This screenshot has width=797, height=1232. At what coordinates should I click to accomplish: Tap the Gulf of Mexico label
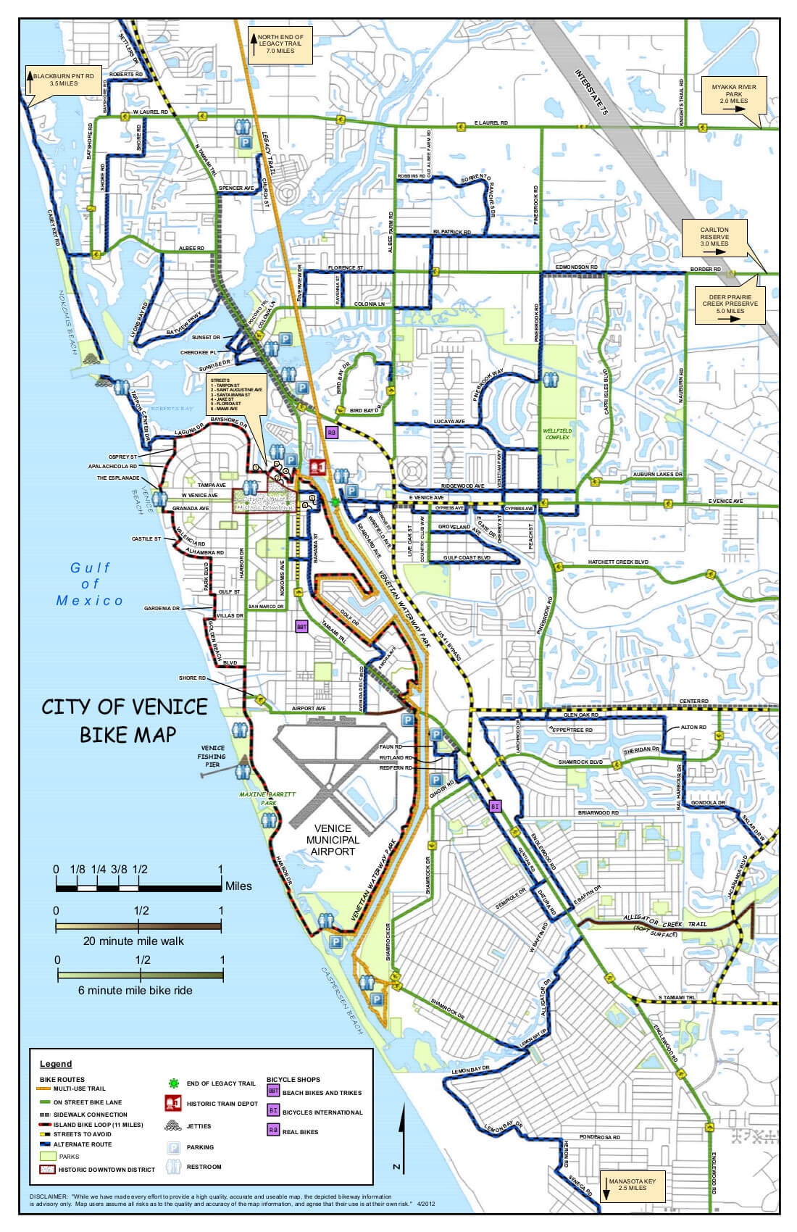coord(91,583)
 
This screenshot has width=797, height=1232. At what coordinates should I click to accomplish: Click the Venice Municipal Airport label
coord(333,839)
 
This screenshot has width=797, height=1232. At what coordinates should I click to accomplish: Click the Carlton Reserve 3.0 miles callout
coord(714,237)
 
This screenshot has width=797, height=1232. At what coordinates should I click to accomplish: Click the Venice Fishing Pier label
coord(212,756)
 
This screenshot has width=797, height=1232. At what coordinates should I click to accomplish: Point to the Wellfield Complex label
coord(556,434)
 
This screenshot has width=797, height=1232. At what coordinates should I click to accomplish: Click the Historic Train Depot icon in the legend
coord(172,1103)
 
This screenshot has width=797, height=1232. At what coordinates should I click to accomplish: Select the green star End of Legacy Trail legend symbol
coord(172,1083)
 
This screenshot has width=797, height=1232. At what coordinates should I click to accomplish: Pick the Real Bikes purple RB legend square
coord(273,1129)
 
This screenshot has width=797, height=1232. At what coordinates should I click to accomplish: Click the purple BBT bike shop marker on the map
coord(302,626)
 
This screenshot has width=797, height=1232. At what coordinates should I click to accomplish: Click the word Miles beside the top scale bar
coord(239,886)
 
